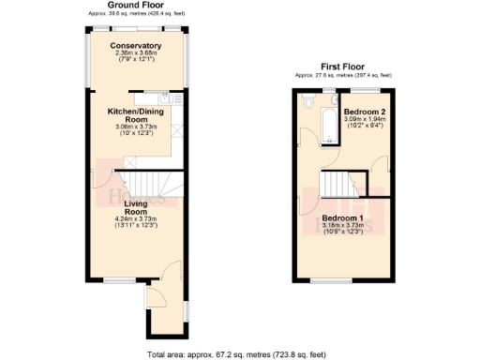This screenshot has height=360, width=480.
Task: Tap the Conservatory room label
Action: pos(135,46)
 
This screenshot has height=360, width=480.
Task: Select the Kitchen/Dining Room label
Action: pos(137,113)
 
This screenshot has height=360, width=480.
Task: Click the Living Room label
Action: pos(137,207)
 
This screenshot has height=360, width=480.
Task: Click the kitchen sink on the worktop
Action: pos(164,96)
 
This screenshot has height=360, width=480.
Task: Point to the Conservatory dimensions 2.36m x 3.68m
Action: pos(136,53)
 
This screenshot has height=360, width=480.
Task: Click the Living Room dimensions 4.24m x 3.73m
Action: pos(137,219)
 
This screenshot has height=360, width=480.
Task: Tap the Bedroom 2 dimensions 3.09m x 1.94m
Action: pos(360,119)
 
